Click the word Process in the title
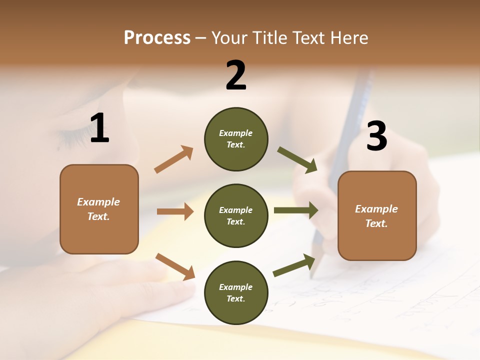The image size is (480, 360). click(157, 38)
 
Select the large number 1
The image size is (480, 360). click(99, 128)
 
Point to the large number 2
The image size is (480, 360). click(236, 75)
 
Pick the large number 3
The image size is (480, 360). click(376, 136)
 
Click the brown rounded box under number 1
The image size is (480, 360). click(99, 209)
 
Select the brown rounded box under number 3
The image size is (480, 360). click(377, 216)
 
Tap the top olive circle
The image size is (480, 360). click(236, 139)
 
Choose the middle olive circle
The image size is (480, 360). click(236, 216)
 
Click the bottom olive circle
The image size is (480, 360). click(236, 293)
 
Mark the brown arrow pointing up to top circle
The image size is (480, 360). click(174, 159)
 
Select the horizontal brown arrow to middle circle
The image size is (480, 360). click(175, 211)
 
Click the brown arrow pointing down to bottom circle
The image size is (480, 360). click(175, 266)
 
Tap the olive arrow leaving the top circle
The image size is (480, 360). click(297, 160)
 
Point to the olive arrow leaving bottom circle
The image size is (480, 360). click(294, 265)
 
